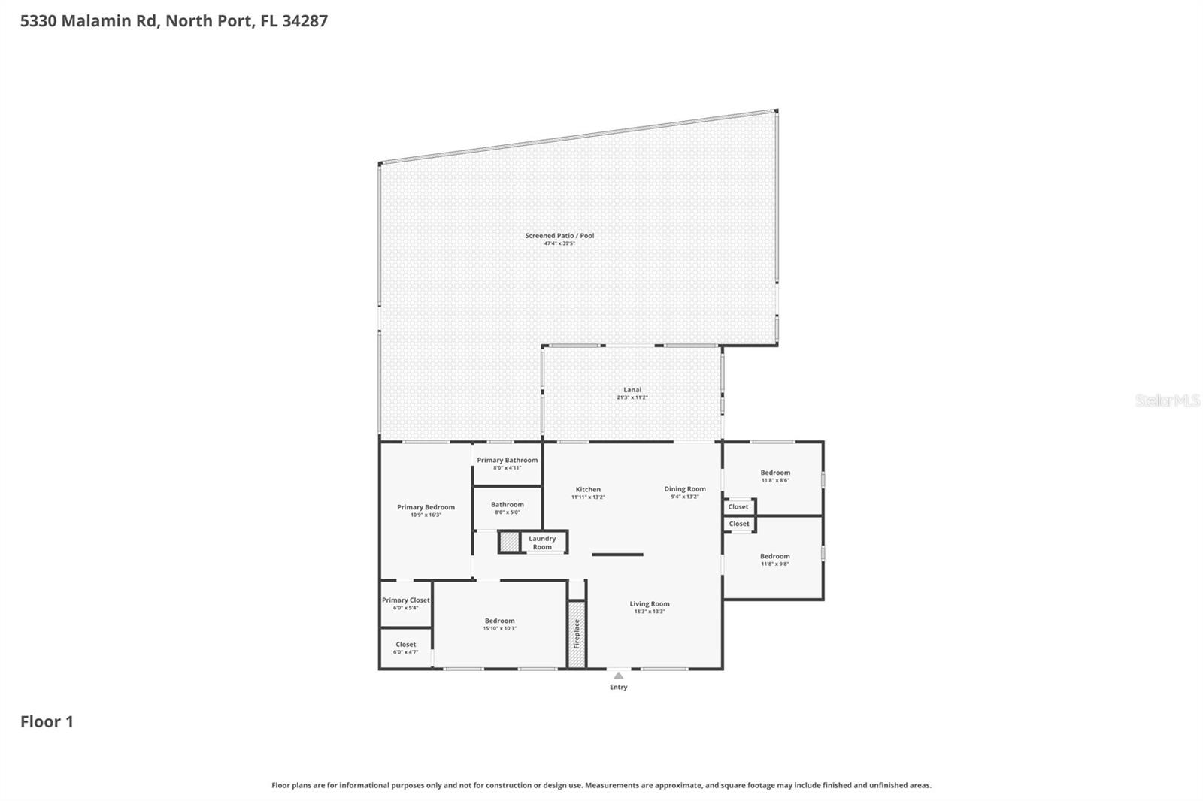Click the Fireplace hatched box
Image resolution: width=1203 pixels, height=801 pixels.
[577, 633]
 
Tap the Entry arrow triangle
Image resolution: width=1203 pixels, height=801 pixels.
[618, 676]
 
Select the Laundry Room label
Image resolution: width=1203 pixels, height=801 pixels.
[542, 543]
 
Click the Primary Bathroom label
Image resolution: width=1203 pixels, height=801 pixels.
[507, 460]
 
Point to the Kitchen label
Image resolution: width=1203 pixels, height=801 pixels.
[588, 489]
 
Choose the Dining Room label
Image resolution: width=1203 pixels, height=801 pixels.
[685, 489]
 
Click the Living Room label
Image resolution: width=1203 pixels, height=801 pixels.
[649, 603]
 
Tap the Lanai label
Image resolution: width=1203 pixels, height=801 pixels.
[632, 389]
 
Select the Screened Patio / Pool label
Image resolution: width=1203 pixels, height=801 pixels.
[559, 236]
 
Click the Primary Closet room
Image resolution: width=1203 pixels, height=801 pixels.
[405, 603]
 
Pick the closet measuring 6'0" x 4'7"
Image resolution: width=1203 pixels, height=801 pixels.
[405, 648]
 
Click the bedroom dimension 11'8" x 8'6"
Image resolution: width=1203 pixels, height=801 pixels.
[775, 480]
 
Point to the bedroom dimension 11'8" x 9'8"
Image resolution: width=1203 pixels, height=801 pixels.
[775, 564]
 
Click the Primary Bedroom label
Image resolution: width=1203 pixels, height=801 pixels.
[426, 507]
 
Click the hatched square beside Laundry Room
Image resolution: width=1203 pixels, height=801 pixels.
[509, 542]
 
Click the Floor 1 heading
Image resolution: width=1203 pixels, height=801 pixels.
[47, 721]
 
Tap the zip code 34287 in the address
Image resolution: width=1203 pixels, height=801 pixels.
[305, 20]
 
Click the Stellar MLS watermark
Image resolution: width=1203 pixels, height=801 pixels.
[1167, 400]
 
